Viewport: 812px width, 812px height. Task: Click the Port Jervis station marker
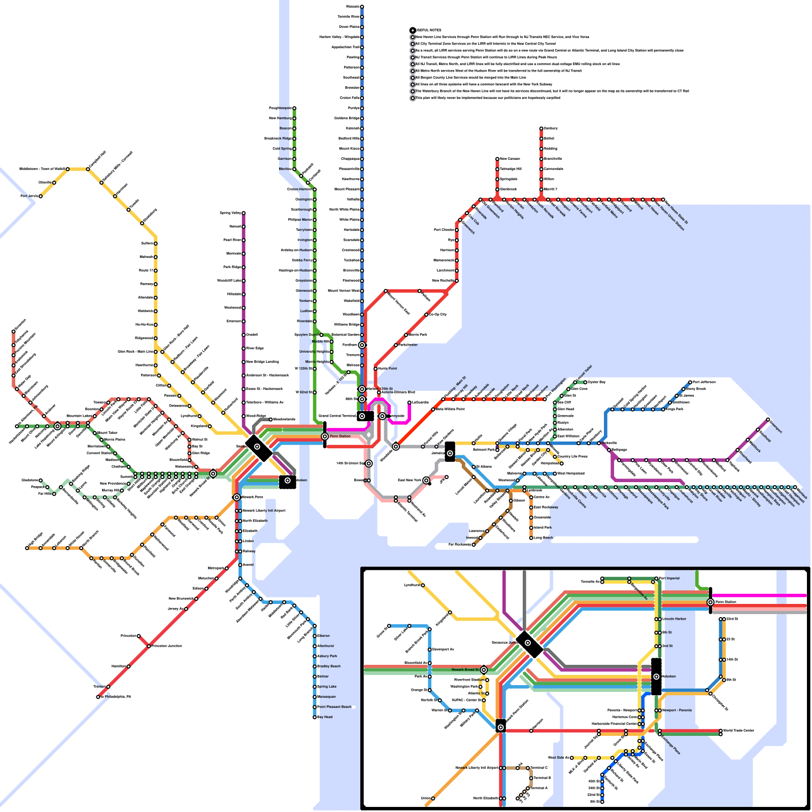tap(41, 196)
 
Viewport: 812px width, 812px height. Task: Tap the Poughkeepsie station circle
tap(294, 108)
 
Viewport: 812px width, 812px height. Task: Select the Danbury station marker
tap(541, 128)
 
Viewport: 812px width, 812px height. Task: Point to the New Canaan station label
tap(510, 159)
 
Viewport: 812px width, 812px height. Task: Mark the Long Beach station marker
tap(531, 537)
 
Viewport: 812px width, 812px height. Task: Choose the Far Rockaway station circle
tap(473, 545)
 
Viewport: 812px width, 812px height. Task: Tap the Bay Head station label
tap(325, 717)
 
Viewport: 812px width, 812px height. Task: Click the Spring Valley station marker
tap(244, 213)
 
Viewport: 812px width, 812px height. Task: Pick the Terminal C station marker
tap(528, 768)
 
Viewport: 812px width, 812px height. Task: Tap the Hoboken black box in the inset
tap(656, 676)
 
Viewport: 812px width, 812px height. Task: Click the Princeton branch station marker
tap(139, 636)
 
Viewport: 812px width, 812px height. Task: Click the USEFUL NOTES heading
tap(428, 30)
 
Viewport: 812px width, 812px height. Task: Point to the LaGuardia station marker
tap(410, 402)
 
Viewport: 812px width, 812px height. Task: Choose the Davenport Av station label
tap(443, 650)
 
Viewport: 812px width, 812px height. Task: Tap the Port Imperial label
tap(669, 578)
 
